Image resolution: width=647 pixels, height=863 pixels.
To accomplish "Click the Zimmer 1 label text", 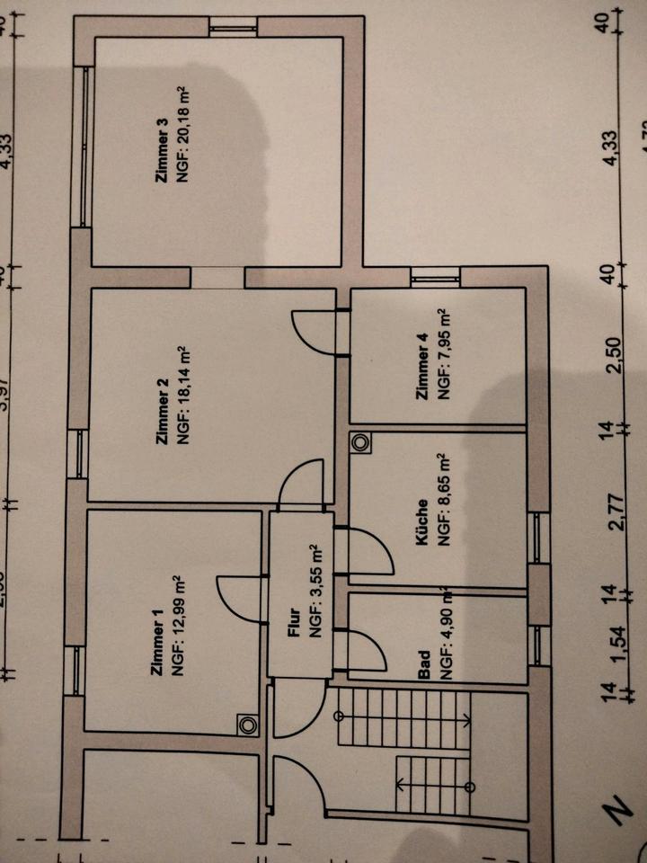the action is pyautogui.click(x=158, y=645).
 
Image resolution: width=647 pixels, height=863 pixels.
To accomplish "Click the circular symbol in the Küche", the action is pyautogui.click(x=361, y=442).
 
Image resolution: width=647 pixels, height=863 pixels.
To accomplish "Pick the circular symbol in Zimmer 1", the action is pyautogui.click(x=247, y=722).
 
